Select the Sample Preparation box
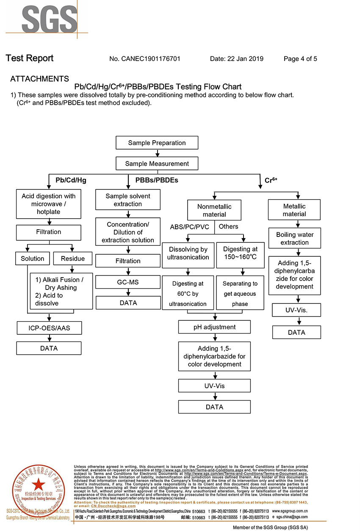[x=157, y=143]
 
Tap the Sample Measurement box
[x=157, y=164]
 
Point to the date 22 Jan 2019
[x=237, y=59]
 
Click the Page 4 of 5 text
[x=300, y=59]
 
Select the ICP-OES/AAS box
[x=49, y=328]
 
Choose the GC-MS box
[x=128, y=282]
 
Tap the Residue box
[x=73, y=259]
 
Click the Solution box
[x=33, y=259]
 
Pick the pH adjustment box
[x=214, y=327]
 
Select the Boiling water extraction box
[x=294, y=239]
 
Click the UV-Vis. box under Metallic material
[x=296, y=310]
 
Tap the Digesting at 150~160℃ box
[x=241, y=253]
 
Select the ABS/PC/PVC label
[x=189, y=227]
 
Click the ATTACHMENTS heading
[x=40, y=79]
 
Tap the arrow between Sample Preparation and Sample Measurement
[x=157, y=153]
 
